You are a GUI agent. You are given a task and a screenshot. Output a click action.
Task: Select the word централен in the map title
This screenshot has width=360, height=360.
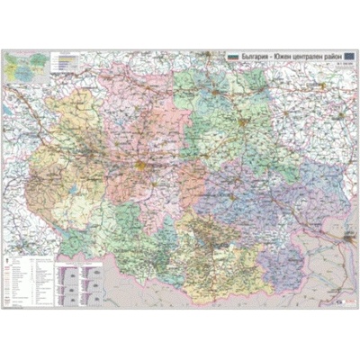click(311, 57)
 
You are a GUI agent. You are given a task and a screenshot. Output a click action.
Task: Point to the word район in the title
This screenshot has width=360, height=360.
click(336, 57)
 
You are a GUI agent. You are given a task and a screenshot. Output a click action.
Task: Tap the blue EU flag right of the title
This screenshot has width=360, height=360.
click(349, 57)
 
